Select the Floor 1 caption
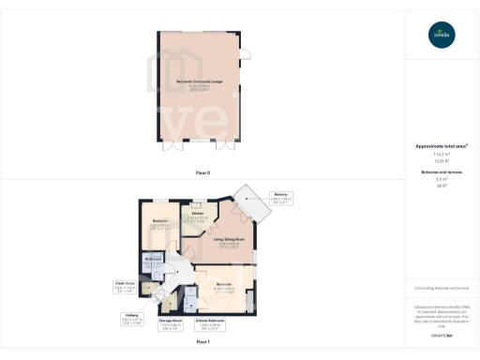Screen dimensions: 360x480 click(x=202, y=342)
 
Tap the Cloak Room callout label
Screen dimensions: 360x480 click(x=126, y=283)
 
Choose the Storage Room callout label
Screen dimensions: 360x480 click(x=169, y=321)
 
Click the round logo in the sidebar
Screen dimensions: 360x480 click(x=441, y=35)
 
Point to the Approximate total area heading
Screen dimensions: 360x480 click(x=441, y=146)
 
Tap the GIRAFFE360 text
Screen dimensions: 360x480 click(x=441, y=335)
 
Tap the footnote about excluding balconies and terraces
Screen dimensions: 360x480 click(x=441, y=285)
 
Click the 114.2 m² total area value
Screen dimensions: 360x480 click(x=441, y=155)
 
